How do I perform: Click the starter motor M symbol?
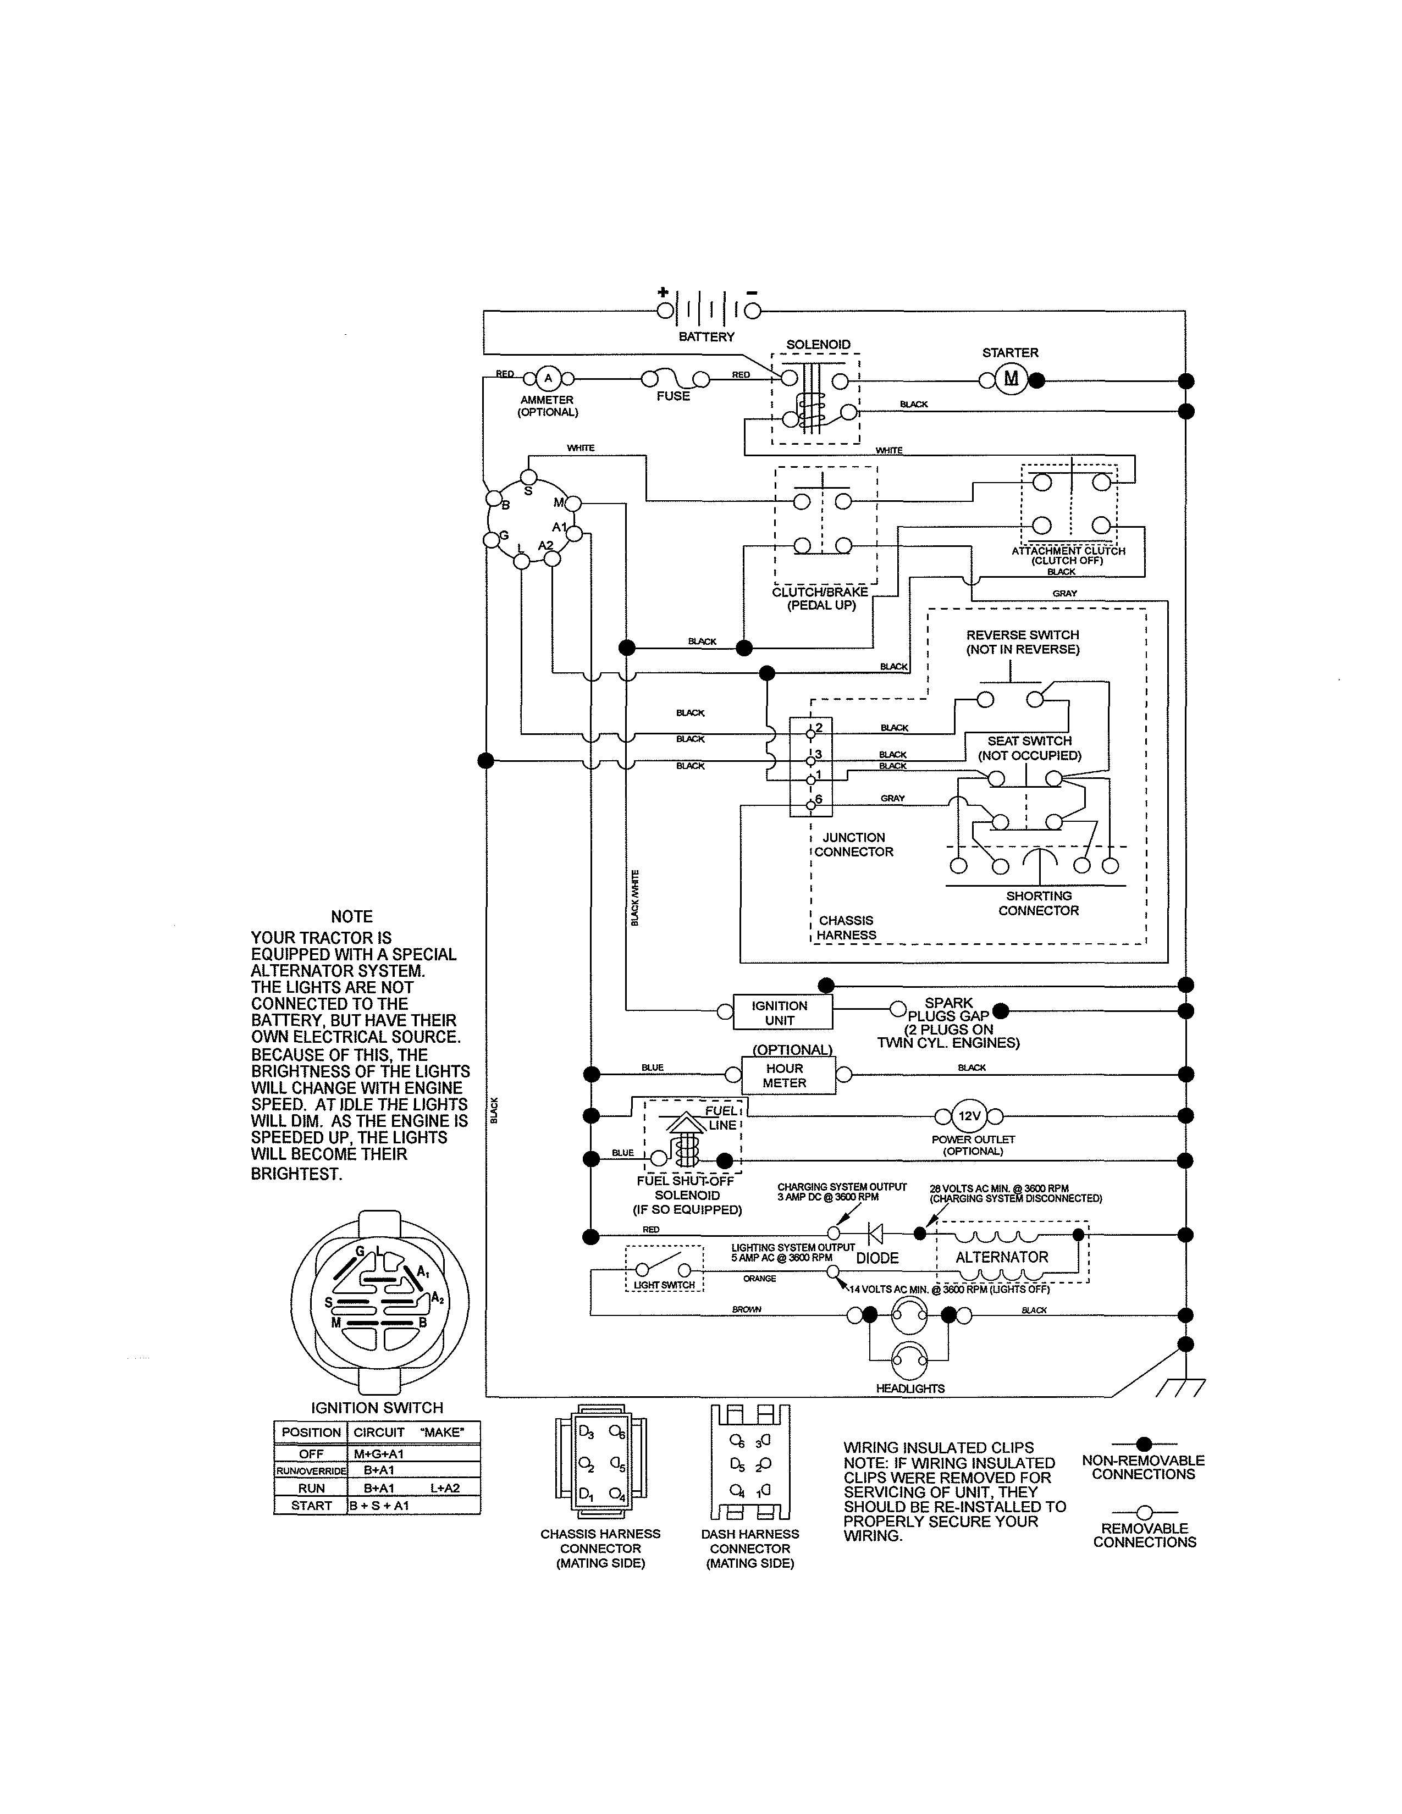[1011, 380]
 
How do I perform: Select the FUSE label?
[673, 396]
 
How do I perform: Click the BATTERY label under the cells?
[706, 336]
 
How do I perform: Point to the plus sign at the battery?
[663, 292]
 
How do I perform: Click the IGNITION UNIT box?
[779, 1013]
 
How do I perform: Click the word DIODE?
[877, 1258]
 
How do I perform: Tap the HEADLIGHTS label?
[910, 1388]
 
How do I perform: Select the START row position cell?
[311, 1505]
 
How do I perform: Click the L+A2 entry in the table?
[445, 1487]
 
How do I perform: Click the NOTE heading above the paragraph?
[351, 916]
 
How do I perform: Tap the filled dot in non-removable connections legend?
[1144, 1444]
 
